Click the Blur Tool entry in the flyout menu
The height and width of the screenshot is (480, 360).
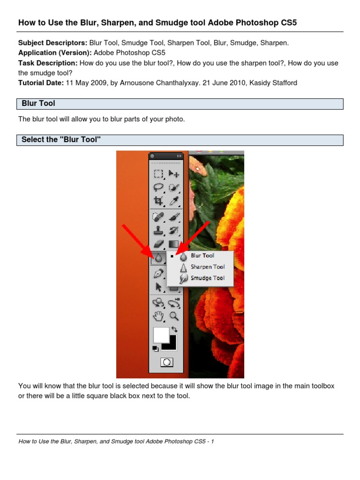click(x=202, y=255)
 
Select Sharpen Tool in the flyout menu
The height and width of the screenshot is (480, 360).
click(x=207, y=267)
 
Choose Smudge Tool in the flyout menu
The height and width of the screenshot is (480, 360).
click(x=207, y=278)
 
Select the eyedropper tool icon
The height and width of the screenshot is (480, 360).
click(x=174, y=201)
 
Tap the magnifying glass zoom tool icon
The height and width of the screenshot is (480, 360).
click(x=174, y=316)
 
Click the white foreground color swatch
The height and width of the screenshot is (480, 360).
click(x=161, y=335)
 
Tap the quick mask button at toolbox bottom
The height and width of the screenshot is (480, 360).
click(x=166, y=362)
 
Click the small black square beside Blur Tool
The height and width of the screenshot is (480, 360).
click(x=172, y=256)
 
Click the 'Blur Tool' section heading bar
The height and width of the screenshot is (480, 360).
click(x=180, y=104)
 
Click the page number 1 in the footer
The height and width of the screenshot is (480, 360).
click(x=212, y=441)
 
